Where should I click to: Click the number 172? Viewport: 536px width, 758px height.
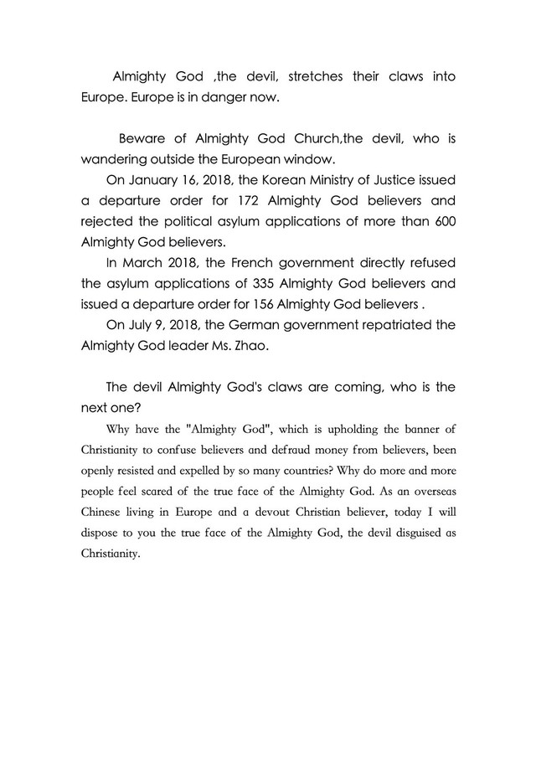(249, 202)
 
